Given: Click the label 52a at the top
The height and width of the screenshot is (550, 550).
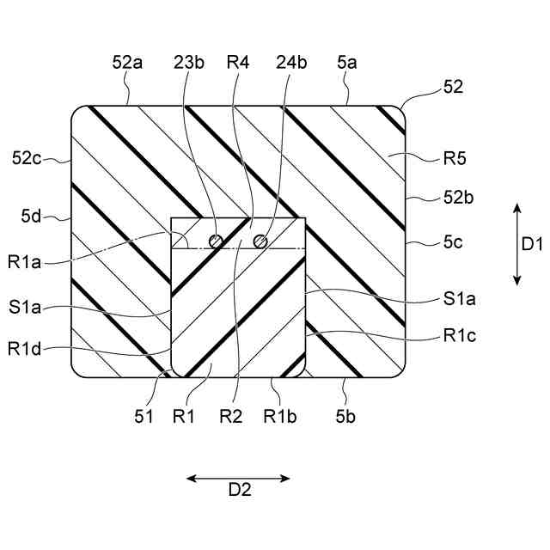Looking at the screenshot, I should [126, 64].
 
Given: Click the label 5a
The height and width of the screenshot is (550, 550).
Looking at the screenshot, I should [345, 64].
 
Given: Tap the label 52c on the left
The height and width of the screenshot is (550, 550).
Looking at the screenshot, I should [27, 158].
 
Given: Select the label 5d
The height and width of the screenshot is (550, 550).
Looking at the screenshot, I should [33, 218].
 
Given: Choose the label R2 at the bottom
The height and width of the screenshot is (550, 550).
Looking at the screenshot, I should [231, 418].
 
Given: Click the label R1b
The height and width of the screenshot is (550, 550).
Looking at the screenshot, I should [281, 418].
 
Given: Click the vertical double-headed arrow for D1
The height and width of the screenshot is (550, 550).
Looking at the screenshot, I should [516, 244].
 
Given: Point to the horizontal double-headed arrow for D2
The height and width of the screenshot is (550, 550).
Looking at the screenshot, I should [239, 479].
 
